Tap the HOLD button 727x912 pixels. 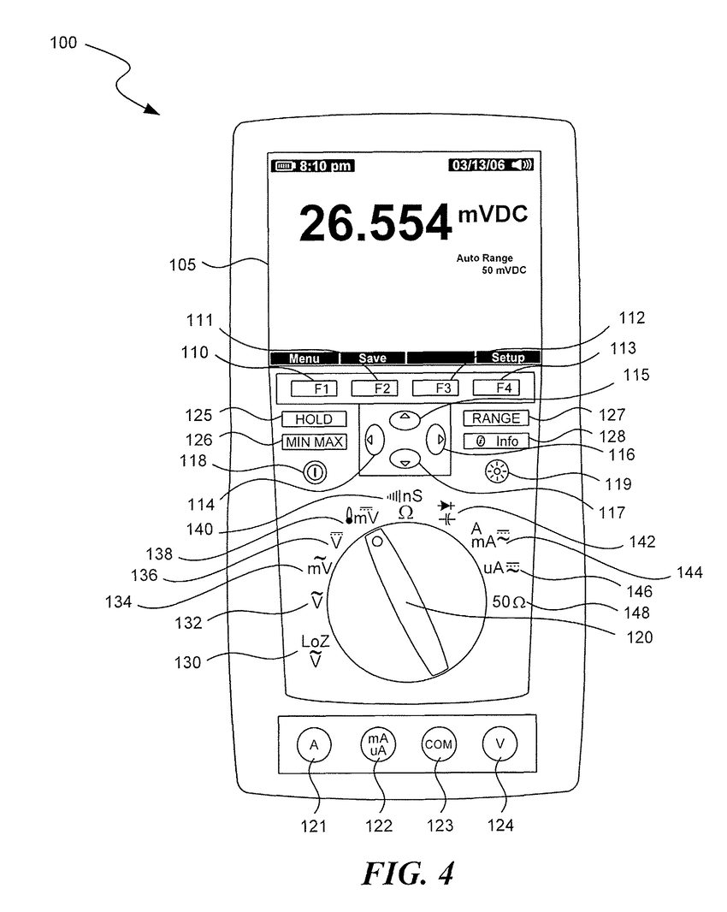[x=314, y=419]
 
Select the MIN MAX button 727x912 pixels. [x=314, y=441]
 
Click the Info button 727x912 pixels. [x=497, y=441]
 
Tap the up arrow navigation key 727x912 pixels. [x=405, y=418]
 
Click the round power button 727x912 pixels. [x=313, y=471]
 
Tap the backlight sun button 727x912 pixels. [x=494, y=471]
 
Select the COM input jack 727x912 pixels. [x=438, y=744]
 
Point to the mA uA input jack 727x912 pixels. [x=376, y=744]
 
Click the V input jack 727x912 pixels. [x=500, y=744]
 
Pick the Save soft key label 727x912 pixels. [x=372, y=358]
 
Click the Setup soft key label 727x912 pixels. [x=507, y=358]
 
